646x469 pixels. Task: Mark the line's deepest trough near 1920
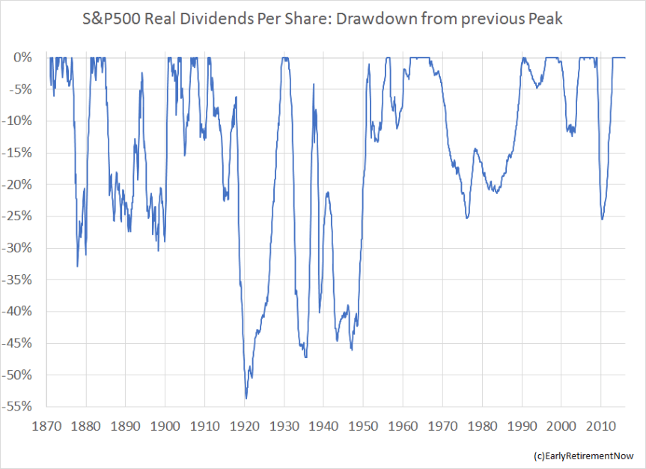click(x=246, y=398)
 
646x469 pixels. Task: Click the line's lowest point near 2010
click(x=602, y=219)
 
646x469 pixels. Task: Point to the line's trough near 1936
click(x=306, y=357)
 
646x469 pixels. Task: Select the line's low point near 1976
click(x=467, y=217)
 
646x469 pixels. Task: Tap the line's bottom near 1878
click(x=77, y=266)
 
